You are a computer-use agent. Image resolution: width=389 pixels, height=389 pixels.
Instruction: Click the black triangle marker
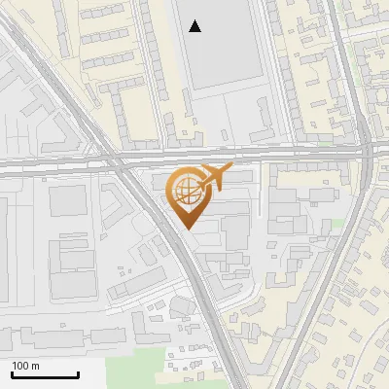pos(195,26)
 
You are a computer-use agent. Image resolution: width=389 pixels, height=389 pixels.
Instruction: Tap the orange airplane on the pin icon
pos(212,178)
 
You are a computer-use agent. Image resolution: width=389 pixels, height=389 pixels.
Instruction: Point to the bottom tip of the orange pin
pos(186,229)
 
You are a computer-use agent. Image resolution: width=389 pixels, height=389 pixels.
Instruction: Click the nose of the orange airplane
pos(230,169)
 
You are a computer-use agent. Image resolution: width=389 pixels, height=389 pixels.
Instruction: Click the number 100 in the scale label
pos(20,366)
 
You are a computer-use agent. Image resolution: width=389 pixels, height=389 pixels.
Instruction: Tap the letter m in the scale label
pos(35,366)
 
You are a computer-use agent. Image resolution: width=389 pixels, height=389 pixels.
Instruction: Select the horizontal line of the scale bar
pos(45,375)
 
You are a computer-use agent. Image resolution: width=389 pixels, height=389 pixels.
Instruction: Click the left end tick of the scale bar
pos(11,373)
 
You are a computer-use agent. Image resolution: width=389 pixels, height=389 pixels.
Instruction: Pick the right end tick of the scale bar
pos(79,373)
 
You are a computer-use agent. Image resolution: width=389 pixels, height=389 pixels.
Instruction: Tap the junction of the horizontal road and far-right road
pos(368,154)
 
